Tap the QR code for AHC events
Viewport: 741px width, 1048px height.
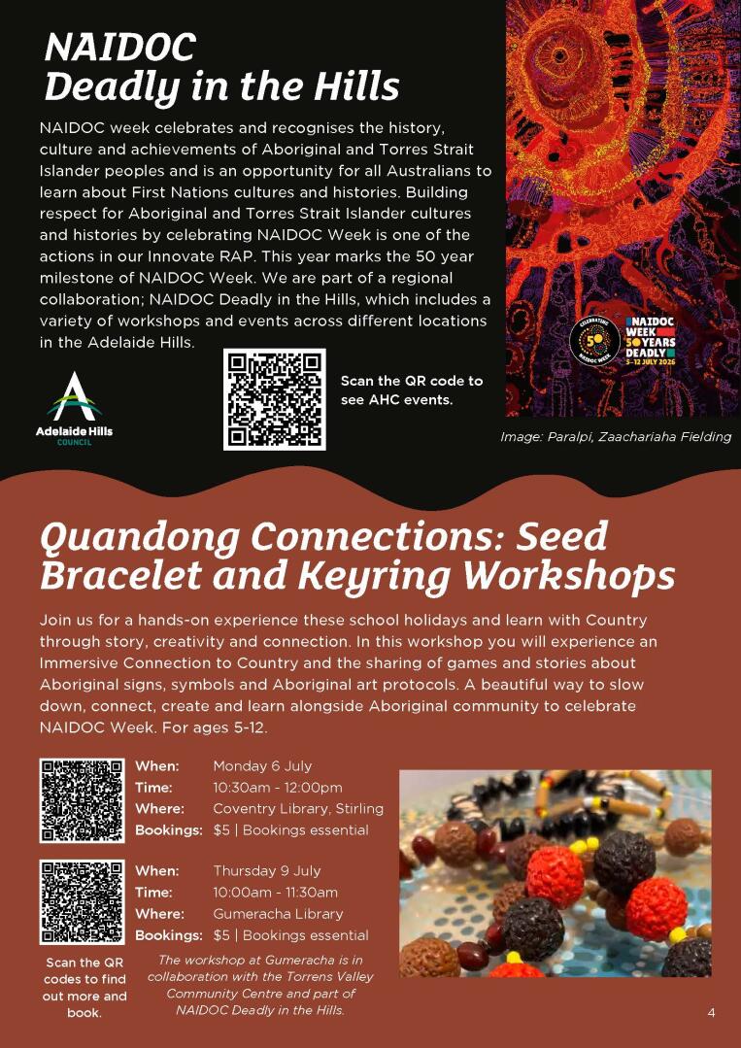(x=275, y=399)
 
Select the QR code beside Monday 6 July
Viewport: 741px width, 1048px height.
(x=83, y=800)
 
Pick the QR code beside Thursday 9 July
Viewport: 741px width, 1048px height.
(x=83, y=903)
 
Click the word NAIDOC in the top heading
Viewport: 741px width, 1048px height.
(x=120, y=49)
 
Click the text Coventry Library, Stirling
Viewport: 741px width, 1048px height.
(x=298, y=809)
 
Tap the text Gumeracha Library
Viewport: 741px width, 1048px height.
(x=278, y=913)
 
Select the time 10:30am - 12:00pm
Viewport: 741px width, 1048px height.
(x=278, y=788)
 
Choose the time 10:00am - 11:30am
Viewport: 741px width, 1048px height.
(x=275, y=892)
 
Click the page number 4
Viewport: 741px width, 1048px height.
(x=711, y=1013)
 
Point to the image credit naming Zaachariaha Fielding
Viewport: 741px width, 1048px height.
(x=616, y=437)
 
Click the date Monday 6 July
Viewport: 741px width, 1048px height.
(x=262, y=766)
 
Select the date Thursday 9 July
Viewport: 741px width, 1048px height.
(x=267, y=871)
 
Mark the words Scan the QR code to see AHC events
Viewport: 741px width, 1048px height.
(x=412, y=391)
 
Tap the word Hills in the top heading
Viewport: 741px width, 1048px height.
(x=358, y=85)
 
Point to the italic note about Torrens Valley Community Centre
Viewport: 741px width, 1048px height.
(x=260, y=985)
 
